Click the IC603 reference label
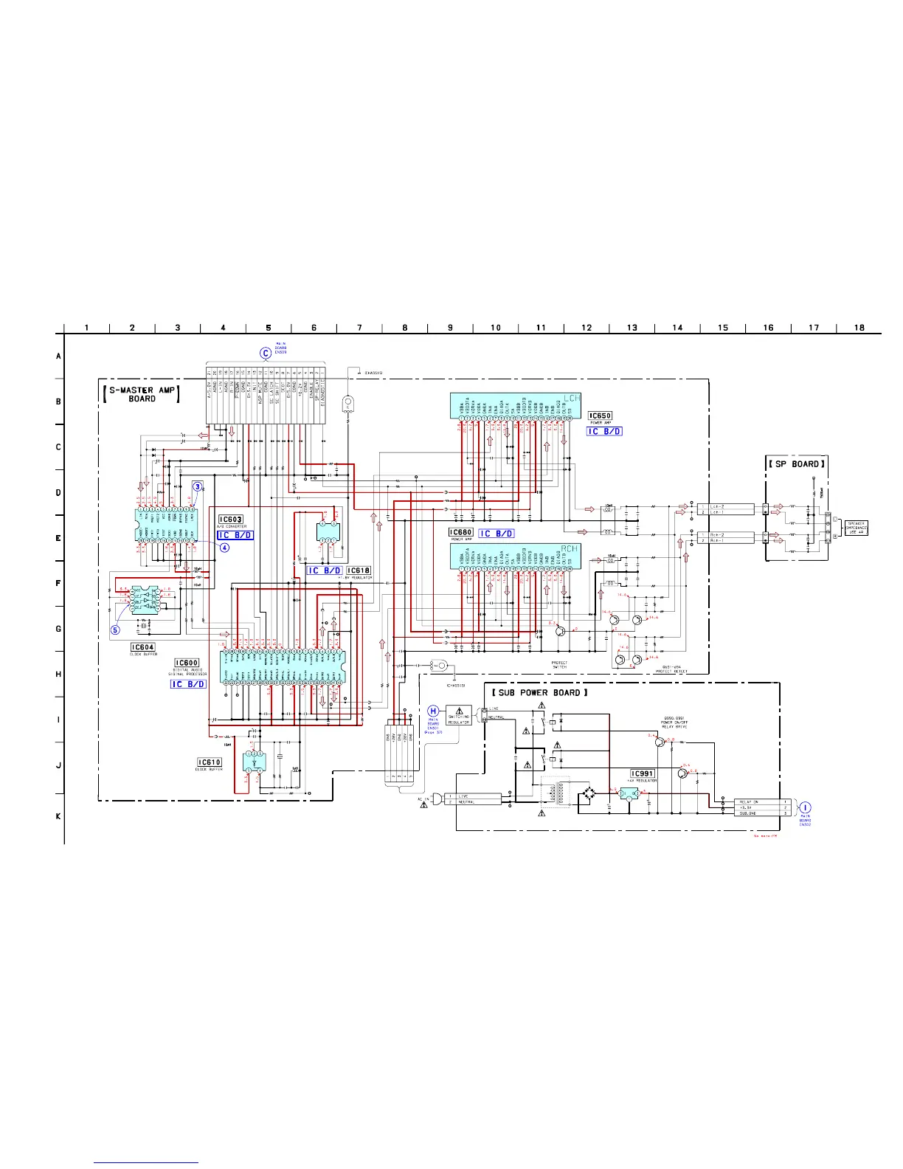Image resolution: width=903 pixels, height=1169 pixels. point(232,520)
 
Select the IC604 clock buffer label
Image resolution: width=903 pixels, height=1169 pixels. point(143,647)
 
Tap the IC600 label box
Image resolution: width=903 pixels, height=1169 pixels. point(187,663)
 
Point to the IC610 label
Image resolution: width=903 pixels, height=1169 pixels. point(210,762)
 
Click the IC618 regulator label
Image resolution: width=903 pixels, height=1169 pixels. point(359,570)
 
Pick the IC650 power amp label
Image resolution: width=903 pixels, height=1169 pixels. point(600,416)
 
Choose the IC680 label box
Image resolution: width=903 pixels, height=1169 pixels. point(461,532)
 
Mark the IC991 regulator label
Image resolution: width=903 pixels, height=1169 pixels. point(643,773)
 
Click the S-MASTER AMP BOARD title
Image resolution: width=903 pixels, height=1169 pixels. point(142,393)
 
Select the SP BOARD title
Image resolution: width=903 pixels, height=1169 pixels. point(796,464)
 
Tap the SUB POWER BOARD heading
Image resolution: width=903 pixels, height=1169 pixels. point(540,692)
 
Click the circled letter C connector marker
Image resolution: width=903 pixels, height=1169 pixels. point(266,353)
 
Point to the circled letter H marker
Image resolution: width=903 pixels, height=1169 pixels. point(434,711)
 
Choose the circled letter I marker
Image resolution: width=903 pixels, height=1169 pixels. point(805,807)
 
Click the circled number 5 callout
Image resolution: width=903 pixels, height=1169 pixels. point(116,630)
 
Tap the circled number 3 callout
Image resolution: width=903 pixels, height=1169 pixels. point(198,486)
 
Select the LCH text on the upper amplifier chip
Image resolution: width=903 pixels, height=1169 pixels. point(572,399)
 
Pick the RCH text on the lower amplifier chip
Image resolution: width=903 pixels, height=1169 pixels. point(570,549)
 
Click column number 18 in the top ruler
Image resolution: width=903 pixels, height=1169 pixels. point(859,328)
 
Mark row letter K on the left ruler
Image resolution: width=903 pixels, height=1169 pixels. point(58,816)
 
